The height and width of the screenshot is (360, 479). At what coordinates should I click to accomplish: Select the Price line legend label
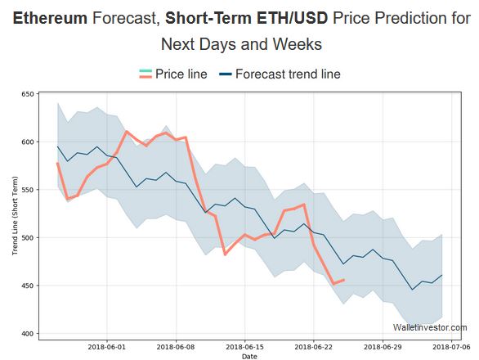coord(182,74)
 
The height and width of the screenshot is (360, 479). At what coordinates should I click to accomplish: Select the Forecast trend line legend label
coord(288,74)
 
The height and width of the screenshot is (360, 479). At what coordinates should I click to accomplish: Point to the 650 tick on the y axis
coord(27,95)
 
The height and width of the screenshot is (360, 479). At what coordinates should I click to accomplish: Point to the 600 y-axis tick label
coord(27,142)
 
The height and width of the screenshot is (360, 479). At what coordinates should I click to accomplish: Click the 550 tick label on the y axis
coord(27,190)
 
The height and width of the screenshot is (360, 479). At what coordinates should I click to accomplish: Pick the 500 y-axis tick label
coord(27,238)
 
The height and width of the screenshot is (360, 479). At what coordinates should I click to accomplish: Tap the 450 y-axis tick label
coord(27,286)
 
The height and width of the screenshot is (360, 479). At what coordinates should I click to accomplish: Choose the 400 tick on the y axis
coord(27,334)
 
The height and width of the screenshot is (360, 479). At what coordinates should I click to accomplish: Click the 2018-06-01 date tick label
coord(107,346)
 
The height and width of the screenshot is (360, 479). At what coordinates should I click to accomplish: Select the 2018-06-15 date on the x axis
coord(244,346)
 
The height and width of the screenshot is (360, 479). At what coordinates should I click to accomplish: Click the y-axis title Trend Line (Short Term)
coord(15,214)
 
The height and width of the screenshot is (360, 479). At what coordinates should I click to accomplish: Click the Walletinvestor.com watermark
coord(429,327)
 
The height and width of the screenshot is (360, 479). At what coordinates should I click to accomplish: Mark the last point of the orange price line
coord(343,280)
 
